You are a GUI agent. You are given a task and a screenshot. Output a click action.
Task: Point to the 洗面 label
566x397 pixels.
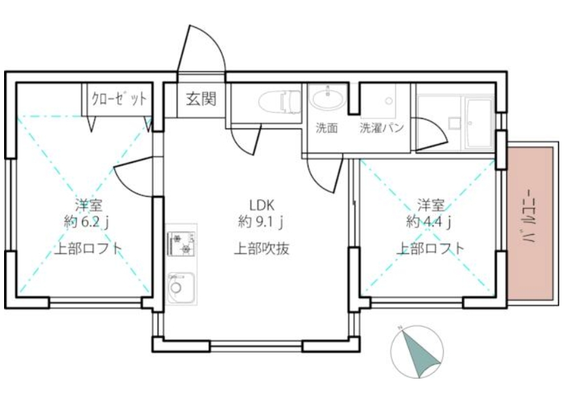point(327,128)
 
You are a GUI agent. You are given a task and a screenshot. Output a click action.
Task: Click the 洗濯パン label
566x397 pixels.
point(383,128)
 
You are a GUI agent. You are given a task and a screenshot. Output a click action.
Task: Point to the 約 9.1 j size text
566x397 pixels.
point(261,221)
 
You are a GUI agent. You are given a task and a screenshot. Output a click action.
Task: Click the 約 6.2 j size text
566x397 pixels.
point(88,221)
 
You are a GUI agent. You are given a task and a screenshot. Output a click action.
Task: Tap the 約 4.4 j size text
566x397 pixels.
point(430,221)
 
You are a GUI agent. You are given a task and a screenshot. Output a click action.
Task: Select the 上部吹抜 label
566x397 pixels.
point(262,248)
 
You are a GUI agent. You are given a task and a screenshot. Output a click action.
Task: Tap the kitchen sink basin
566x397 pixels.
point(179,288)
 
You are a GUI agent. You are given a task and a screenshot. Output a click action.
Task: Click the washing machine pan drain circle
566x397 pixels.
point(389,101)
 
